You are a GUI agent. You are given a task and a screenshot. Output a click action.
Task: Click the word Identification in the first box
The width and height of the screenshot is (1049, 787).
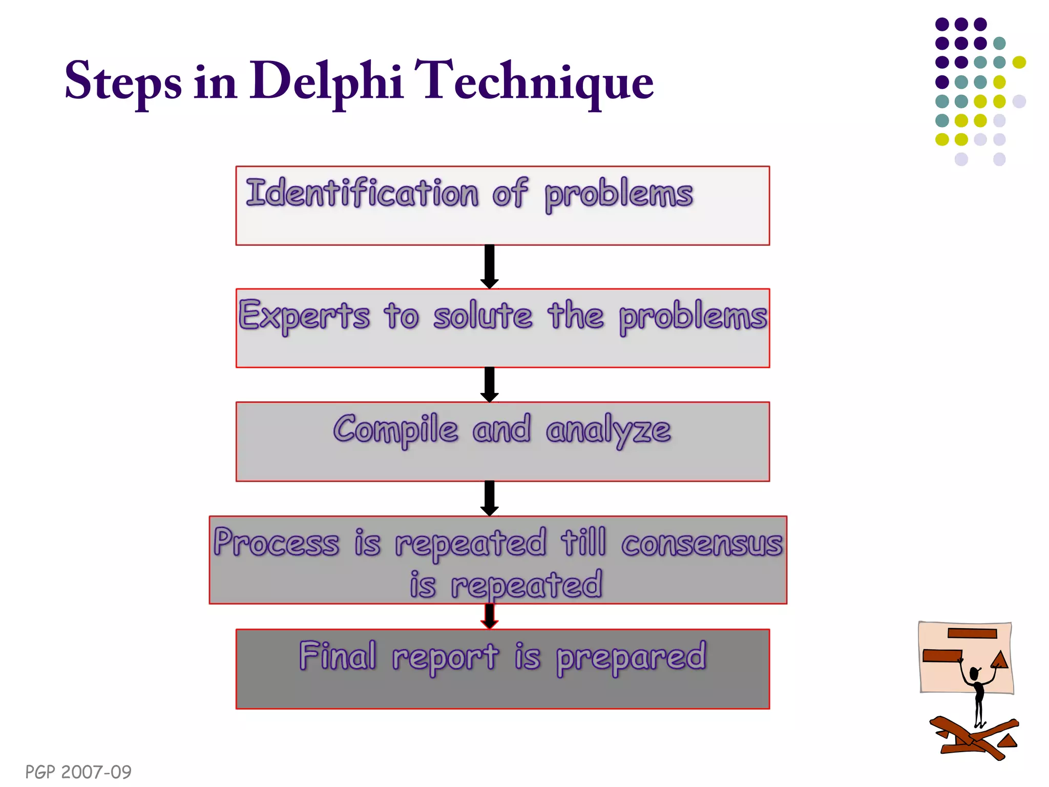(362, 193)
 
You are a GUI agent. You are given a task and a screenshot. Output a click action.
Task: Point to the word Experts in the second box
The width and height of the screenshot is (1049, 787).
(304, 316)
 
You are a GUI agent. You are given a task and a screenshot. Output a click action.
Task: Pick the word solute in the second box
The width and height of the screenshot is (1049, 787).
(482, 316)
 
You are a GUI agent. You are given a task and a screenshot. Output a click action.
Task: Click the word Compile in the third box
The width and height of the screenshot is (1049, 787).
(395, 429)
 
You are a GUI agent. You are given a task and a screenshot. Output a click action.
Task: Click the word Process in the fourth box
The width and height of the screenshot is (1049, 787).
(277, 542)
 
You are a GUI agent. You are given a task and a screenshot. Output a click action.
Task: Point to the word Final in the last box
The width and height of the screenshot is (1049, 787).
(338, 656)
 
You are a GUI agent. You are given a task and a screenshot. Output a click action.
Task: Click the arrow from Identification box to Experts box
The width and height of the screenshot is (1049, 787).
(490, 267)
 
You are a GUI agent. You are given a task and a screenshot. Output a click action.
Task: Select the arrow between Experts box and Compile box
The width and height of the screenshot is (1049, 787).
(490, 385)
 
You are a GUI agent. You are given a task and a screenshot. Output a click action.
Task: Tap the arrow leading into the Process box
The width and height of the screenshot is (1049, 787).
(490, 499)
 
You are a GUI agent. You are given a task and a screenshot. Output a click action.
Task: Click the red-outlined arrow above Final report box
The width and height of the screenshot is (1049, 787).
(490, 616)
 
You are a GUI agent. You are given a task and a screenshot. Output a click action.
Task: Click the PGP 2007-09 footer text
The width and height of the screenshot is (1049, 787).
(78, 772)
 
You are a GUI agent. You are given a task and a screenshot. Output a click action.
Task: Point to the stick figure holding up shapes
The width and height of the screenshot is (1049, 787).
(978, 692)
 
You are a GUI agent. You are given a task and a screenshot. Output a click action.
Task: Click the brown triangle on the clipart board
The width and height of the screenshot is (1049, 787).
(1000, 659)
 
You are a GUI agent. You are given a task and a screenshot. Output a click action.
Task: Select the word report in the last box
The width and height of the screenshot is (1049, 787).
(445, 657)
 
